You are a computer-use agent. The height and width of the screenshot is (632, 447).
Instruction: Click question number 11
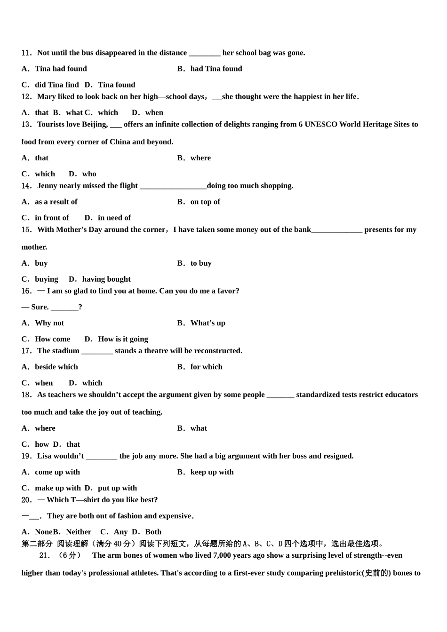pos(26,53)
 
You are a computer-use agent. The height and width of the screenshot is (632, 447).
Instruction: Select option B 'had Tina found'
pos(216,69)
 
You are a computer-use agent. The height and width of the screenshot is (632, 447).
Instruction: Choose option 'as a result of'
pos(56,202)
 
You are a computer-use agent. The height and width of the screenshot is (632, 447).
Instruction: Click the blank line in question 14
pos(173,186)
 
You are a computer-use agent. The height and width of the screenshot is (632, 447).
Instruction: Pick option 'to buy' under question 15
pos(201,263)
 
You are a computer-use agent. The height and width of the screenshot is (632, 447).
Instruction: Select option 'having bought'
pos(106,279)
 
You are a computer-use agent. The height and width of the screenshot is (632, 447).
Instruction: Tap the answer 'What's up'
pos(208,323)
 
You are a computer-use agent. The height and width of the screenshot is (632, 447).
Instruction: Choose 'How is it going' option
pos(123,339)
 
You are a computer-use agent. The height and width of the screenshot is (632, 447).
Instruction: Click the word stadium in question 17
pos(66,351)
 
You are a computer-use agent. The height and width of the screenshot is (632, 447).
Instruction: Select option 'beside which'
pos(56,367)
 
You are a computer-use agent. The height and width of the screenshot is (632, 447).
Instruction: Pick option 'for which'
pos(206,367)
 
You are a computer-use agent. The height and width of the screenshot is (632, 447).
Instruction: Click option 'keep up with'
pos(212,472)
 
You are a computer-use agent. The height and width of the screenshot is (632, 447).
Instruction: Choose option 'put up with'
pos(117,488)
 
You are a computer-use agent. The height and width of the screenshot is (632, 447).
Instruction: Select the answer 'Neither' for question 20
pos(79,532)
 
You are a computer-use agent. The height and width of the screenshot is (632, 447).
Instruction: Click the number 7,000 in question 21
pos(224,555)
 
